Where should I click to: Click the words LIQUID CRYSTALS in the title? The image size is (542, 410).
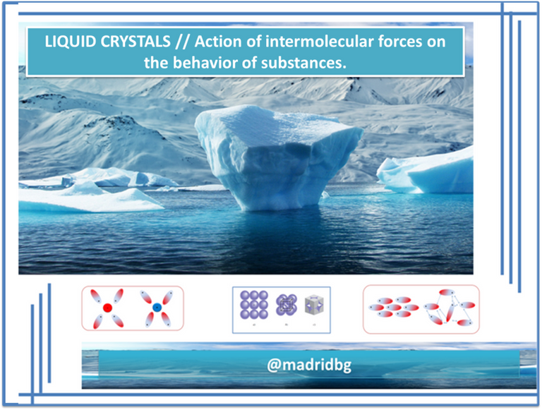pyautogui.click(x=107, y=42)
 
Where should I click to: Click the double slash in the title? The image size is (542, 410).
pyautogui.click(x=183, y=42)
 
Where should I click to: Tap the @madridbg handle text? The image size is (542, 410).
pyautogui.click(x=309, y=365)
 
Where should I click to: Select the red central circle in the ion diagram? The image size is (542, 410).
pyautogui.click(x=107, y=308)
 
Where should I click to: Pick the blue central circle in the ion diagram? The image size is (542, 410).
pyautogui.click(x=157, y=307)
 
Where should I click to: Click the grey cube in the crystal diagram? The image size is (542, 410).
pyautogui.click(x=314, y=305)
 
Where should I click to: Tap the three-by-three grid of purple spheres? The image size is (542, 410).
pyautogui.click(x=254, y=305)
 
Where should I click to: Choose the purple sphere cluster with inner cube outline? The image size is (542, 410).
pyautogui.click(x=287, y=305)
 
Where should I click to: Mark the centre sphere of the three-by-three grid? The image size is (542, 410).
pyautogui.click(x=254, y=305)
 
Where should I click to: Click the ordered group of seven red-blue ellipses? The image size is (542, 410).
pyautogui.click(x=394, y=307)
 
